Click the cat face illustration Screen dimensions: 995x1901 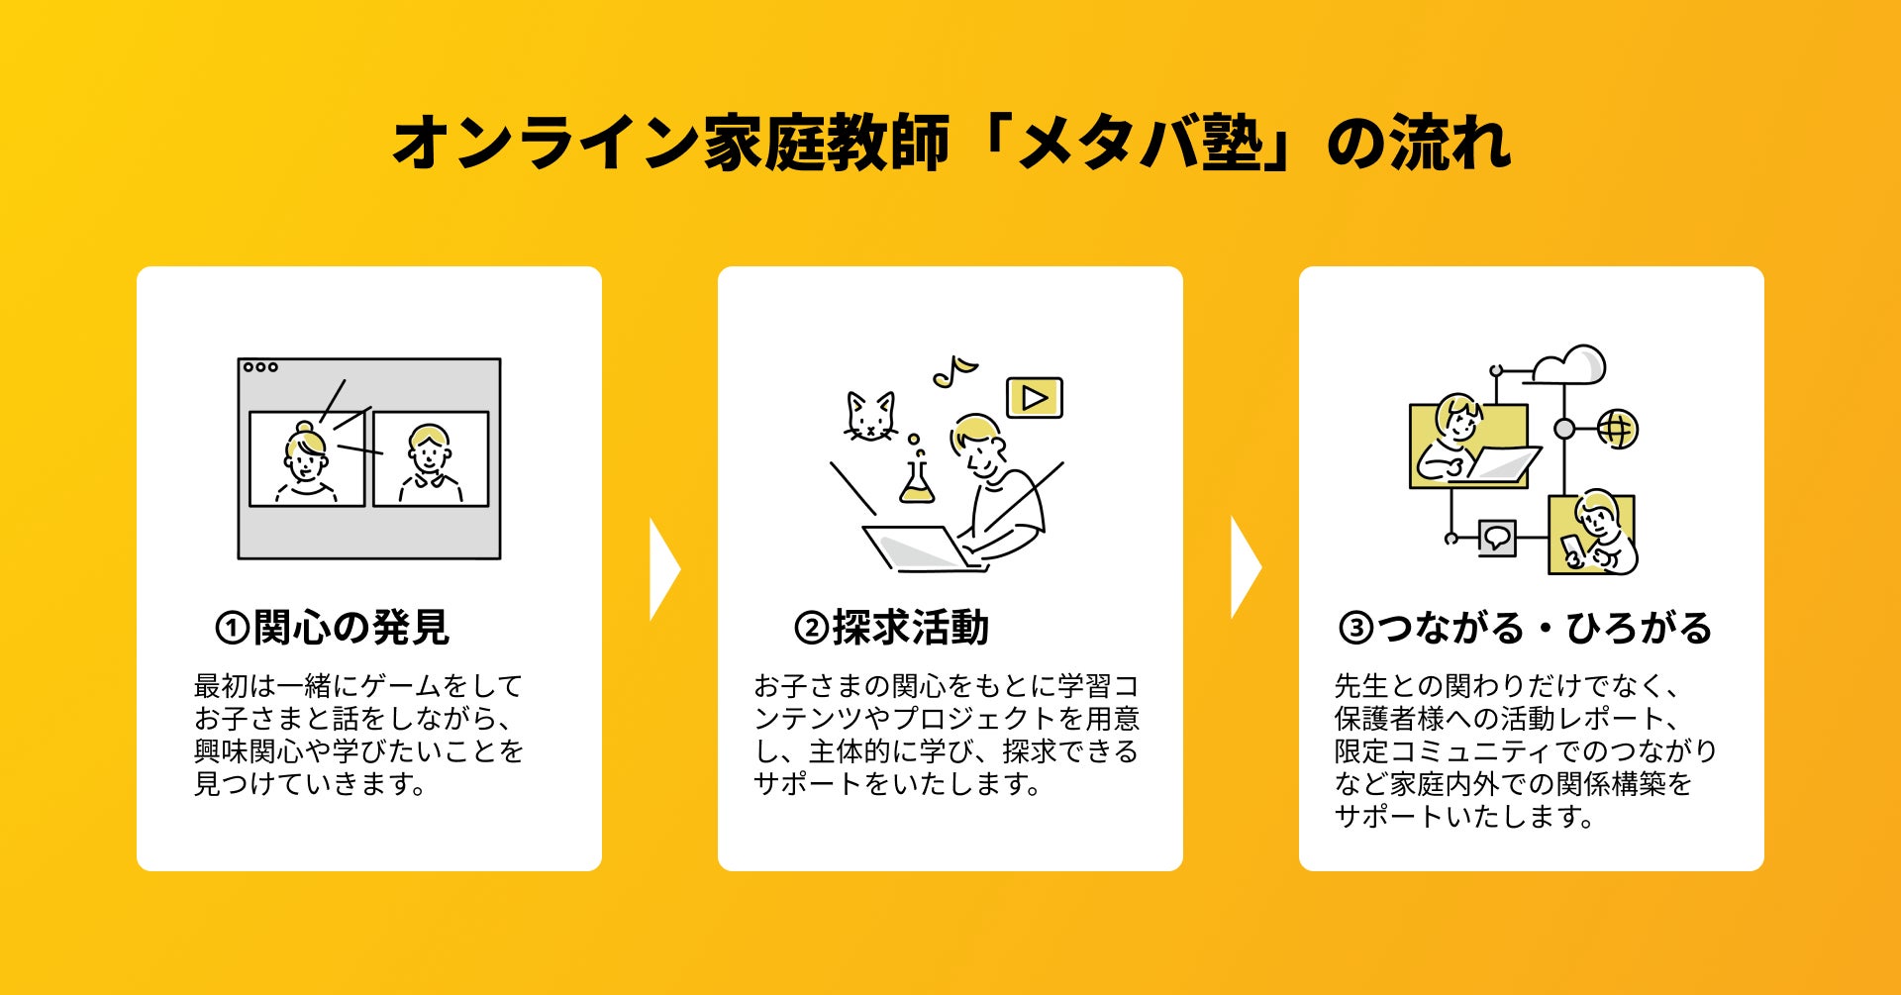coord(869,416)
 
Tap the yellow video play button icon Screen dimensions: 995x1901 coord(1034,397)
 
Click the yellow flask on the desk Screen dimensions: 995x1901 coord(916,479)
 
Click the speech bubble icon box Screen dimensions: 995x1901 coord(1496,538)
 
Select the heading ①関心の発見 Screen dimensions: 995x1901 coord(333,628)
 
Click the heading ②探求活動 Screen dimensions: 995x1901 coord(891,628)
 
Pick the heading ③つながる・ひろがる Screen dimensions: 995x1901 coord(1525,628)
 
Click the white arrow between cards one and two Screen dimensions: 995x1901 coord(663,569)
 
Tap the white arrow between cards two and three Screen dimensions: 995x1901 coord(1245,567)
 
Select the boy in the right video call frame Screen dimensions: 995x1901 coord(430,461)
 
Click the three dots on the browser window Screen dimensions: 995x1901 coord(260,367)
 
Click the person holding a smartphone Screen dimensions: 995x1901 coord(1594,535)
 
